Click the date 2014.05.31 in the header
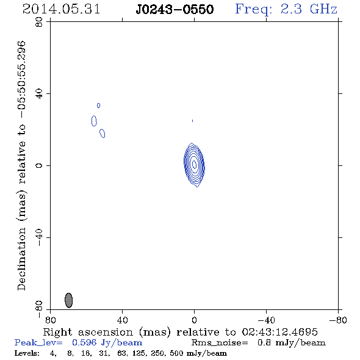pos(61,9)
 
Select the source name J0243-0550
pos(175,10)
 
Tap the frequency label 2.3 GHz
pos(309,9)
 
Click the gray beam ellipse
pos(69,300)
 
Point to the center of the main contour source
pos(194,164)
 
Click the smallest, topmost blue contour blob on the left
pos(98,106)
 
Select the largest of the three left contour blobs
pos(94,121)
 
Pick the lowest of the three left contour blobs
pos(103,134)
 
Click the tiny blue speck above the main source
pos(192,121)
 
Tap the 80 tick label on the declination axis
pos(39,22)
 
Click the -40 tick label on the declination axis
pos(39,237)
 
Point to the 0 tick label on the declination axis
pos(39,165)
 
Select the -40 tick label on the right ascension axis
pos(266,320)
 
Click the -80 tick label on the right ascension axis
pos(338,320)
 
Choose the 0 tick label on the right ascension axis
pos(194,320)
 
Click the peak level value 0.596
pos(84,342)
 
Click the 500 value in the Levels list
pos(176,353)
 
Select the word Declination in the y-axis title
pos(21,259)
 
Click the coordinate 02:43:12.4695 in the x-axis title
pos(279,332)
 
